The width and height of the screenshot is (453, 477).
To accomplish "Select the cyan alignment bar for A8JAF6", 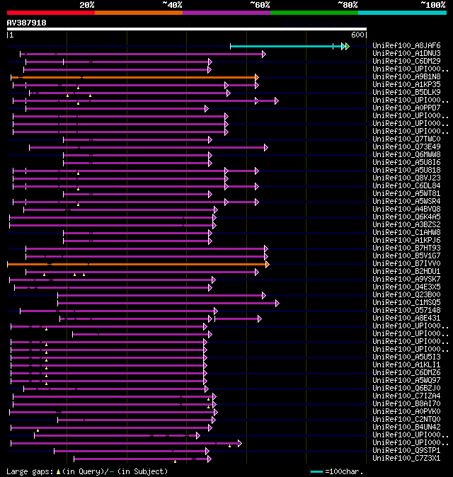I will pos(283,46).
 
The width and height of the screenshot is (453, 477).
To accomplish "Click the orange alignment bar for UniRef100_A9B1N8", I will pos(134,77).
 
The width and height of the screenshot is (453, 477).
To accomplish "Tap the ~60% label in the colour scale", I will pos(260,5).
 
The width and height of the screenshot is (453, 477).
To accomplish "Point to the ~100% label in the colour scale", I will pos(432,5).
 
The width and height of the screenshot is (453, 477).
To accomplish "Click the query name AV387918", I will pos(27,23).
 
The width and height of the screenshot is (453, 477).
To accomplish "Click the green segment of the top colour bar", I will pos(314,12).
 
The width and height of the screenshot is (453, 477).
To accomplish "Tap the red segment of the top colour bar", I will pos(50,12).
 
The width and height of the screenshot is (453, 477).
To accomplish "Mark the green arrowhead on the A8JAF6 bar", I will pos(346,46).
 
